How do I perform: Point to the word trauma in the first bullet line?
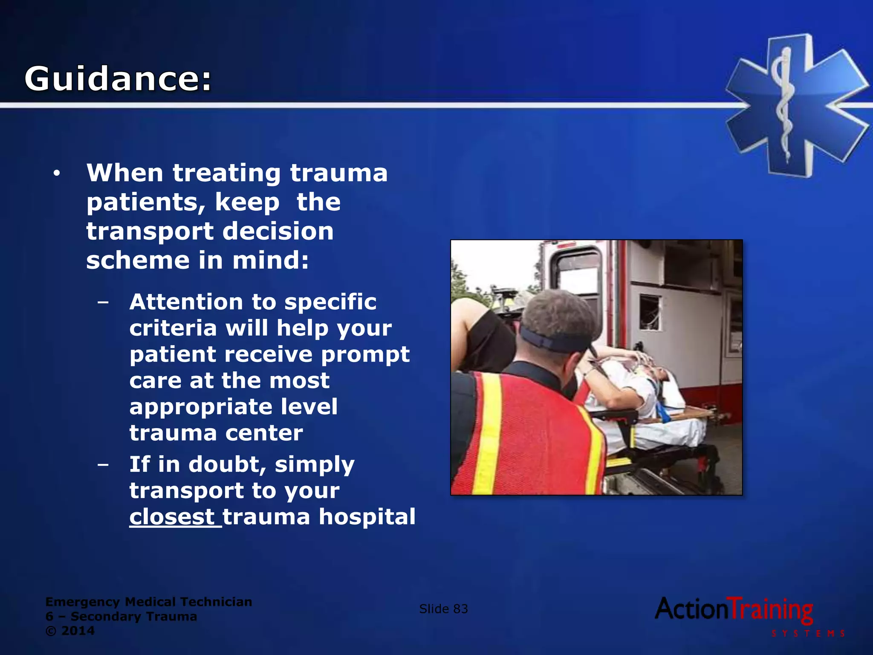pos(338,173)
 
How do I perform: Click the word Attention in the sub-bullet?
pos(185,302)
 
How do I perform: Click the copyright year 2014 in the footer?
pos(78,631)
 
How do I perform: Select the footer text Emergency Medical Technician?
pos(148,602)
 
